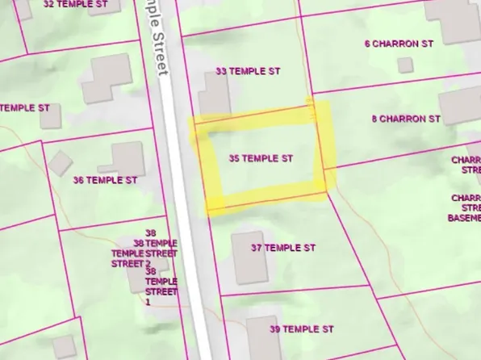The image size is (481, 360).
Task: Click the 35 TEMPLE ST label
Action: [261, 159]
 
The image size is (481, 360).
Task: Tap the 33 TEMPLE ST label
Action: [248, 71]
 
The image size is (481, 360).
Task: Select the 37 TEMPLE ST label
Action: [282, 247]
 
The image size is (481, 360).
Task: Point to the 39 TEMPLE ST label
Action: [301, 329]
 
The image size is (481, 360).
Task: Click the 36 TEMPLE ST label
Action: [104, 180]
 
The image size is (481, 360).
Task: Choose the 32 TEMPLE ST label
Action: [75, 4]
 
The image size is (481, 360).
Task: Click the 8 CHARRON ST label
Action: [406, 119]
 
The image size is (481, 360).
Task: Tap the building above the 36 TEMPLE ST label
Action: [128, 157]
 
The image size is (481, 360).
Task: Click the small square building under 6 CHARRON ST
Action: [405, 65]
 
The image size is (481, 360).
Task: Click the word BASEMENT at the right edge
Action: [465, 217]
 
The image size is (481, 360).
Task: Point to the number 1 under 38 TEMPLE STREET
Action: [148, 301]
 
